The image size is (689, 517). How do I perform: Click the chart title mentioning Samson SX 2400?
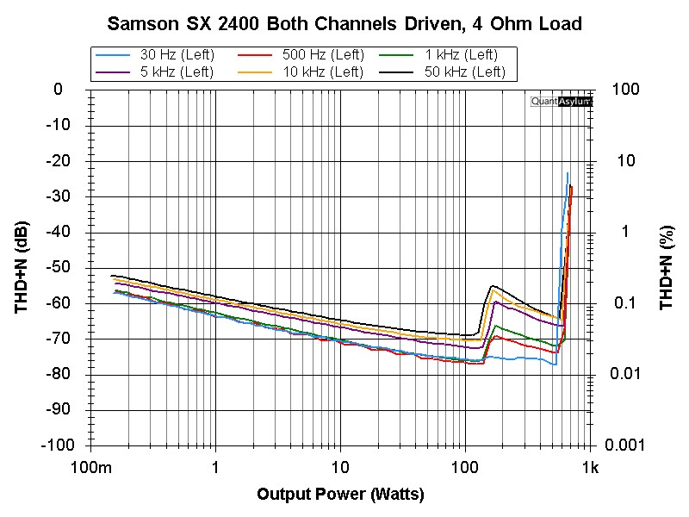pyautogui.click(x=344, y=24)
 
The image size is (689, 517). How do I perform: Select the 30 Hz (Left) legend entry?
pyautogui.click(x=155, y=55)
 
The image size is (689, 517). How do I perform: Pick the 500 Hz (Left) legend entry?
pyautogui.click(x=301, y=55)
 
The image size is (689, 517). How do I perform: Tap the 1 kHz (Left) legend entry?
pyautogui.click(x=438, y=55)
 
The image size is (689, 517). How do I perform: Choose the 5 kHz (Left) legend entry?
pyautogui.click(x=155, y=72)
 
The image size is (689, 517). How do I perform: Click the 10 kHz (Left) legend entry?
pyautogui.click(x=301, y=72)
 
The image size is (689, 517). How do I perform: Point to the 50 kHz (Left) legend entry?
pyautogui.click(x=443, y=72)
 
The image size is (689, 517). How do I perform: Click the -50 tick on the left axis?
pyautogui.click(x=58, y=267)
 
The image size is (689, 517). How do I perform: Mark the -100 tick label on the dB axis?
pyautogui.click(x=58, y=445)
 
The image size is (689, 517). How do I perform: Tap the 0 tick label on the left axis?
pyautogui.click(x=58, y=90)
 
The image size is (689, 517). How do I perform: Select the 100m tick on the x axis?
pyautogui.click(x=91, y=467)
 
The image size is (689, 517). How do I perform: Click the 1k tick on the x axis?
pyautogui.click(x=590, y=467)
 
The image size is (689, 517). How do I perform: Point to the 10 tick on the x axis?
pyautogui.click(x=340, y=467)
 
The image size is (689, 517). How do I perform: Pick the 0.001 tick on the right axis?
pyautogui.click(x=624, y=445)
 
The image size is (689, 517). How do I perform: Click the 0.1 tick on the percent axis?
pyautogui.click(x=624, y=302)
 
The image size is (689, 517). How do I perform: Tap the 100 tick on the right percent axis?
pyautogui.click(x=626, y=90)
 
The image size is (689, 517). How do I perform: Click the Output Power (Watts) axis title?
pyautogui.click(x=340, y=494)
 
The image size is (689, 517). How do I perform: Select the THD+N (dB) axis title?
pyautogui.click(x=22, y=267)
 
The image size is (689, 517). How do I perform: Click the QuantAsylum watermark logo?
pyautogui.click(x=562, y=102)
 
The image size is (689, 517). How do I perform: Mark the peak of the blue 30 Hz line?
pyautogui.click(x=568, y=173)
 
